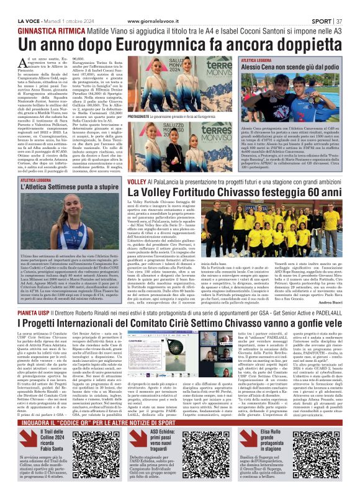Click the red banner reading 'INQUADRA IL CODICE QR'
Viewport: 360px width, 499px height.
pyautogui.click(x=179, y=424)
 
